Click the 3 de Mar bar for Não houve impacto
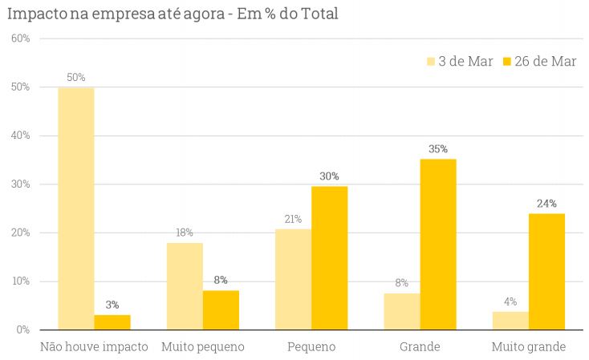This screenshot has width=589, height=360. pos(76,208)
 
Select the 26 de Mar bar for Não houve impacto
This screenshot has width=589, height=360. pos(112,322)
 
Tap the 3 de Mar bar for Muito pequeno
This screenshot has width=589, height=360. pos(185,286)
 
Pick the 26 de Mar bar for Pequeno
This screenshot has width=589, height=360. pos(330,257)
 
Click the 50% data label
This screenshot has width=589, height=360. pos(76,78)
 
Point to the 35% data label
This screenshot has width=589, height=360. pos(438,149)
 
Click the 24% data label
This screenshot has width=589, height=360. pos(546,204)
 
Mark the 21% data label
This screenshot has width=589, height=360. pos(293,219)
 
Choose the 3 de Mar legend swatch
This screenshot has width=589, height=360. pos(431,62)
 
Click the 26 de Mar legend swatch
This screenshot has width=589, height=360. pos(507,62)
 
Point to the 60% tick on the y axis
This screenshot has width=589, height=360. pos(20,38)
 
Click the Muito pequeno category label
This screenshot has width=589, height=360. pos(202,347)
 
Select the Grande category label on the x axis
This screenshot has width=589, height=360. pos(420,347)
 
